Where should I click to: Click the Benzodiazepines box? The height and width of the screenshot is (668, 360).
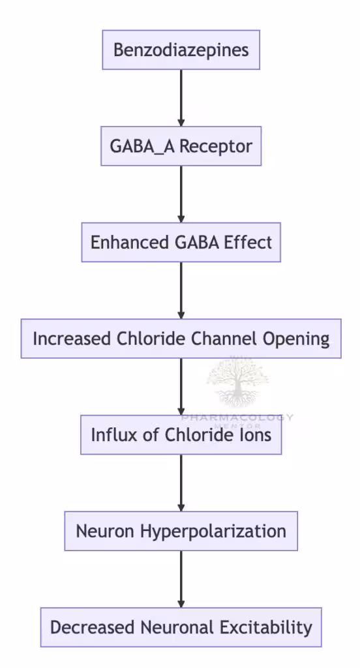tap(181, 50)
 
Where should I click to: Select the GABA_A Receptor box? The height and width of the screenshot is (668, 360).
tap(181, 146)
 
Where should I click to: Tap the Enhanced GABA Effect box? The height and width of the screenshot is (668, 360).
tap(181, 243)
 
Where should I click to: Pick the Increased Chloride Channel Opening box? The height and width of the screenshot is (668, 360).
tap(181, 339)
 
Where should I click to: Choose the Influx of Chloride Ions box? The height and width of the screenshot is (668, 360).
tap(181, 434)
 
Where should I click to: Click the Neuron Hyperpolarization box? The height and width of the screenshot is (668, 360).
tap(181, 531)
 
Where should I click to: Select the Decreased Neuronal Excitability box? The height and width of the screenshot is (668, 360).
tap(181, 628)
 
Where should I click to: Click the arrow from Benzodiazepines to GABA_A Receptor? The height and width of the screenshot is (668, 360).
tap(181, 98)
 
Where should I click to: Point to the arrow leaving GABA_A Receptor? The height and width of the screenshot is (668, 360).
tap(181, 194)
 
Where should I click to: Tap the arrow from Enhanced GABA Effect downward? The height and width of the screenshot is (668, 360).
tap(181, 290)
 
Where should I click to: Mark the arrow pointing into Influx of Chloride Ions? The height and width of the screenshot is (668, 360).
tap(181, 387)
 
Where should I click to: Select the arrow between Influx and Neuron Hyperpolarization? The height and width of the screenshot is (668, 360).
tap(181, 483)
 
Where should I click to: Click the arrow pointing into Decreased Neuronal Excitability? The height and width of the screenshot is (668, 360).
tap(181, 579)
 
